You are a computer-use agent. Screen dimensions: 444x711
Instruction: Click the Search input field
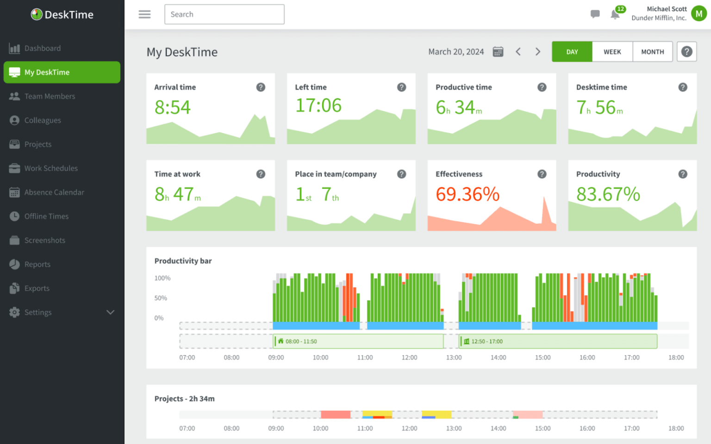click(224, 14)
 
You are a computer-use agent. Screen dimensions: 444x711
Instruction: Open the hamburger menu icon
click(144, 14)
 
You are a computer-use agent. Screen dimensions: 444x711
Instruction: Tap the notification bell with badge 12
click(615, 14)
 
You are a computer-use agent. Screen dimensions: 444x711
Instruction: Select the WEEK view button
click(612, 52)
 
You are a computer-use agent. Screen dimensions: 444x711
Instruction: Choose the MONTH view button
click(652, 52)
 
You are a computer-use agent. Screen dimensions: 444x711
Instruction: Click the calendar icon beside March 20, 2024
click(498, 52)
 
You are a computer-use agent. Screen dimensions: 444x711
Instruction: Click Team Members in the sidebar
click(50, 96)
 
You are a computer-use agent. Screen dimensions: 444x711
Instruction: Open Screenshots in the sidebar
click(44, 240)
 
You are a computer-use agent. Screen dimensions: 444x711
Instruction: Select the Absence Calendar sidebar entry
click(54, 192)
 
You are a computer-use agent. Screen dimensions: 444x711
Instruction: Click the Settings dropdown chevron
click(110, 312)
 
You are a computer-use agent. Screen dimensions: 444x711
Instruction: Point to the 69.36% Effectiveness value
click(468, 194)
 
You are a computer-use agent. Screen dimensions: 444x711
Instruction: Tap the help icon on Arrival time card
click(261, 87)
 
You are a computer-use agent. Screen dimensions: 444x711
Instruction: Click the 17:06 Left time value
click(318, 106)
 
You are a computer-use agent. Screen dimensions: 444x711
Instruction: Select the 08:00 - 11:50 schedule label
click(301, 342)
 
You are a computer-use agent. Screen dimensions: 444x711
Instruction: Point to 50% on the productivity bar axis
click(161, 298)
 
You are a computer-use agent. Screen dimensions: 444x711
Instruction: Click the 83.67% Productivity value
click(608, 194)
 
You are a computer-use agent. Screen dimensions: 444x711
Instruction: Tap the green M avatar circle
click(699, 14)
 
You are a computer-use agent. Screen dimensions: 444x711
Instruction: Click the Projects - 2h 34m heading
click(184, 399)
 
